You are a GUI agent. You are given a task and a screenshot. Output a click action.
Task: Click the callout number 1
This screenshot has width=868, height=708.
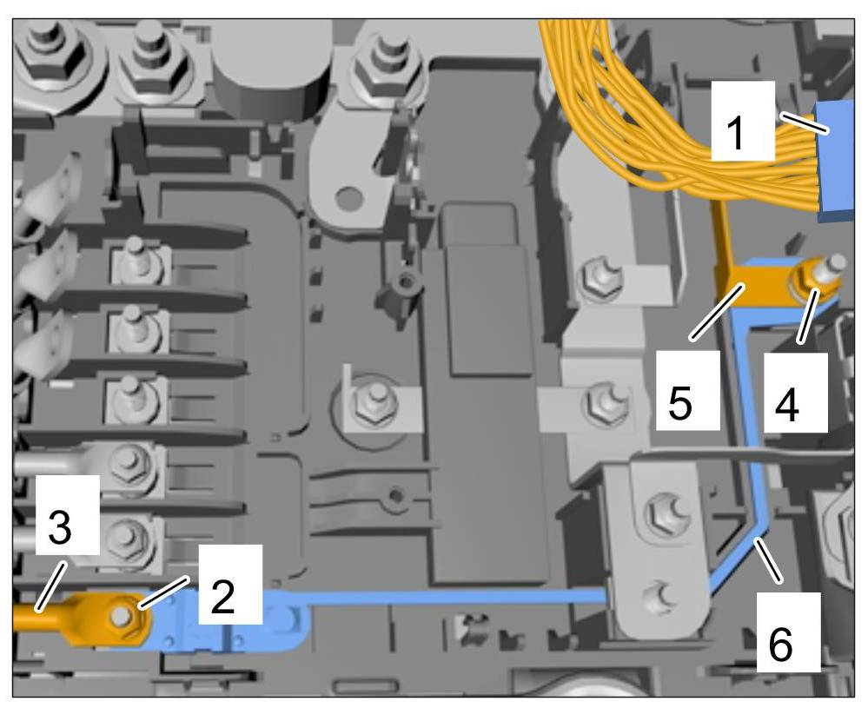point(741,133)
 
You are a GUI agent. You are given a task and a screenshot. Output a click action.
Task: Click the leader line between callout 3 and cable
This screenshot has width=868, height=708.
point(50,582)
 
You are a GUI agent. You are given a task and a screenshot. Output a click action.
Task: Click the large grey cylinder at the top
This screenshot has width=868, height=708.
point(268,74)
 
